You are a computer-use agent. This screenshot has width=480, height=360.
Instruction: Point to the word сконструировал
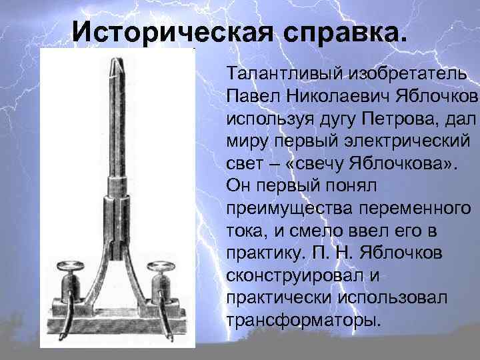[289, 275]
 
